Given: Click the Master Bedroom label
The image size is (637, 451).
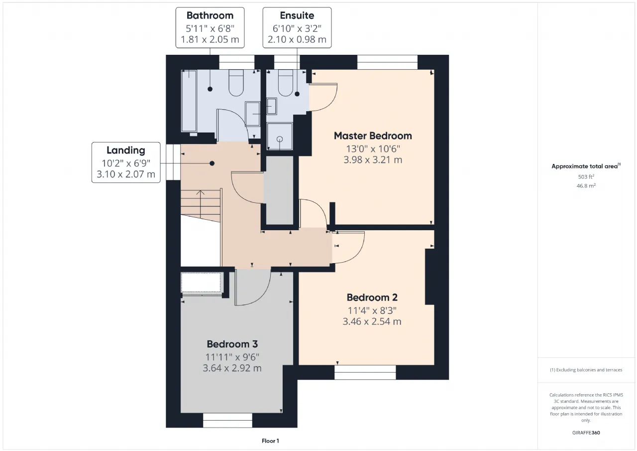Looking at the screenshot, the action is pyautogui.click(x=373, y=136).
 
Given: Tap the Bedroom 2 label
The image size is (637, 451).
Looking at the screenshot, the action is pyautogui.click(x=372, y=298).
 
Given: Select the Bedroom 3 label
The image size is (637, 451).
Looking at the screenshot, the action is pyautogui.click(x=232, y=344).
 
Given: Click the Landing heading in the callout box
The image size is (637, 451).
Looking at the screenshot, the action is pyautogui.click(x=126, y=150).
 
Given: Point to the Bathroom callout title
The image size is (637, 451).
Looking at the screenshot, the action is pyautogui.click(x=210, y=15).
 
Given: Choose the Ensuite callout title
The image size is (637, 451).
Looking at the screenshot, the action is pyautogui.click(x=297, y=15).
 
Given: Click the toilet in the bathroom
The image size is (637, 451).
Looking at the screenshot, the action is pyautogui.click(x=236, y=83).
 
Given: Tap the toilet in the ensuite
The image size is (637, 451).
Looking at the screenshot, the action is pyautogui.click(x=285, y=83).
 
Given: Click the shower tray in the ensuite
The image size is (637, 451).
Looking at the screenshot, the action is pyautogui.click(x=280, y=136).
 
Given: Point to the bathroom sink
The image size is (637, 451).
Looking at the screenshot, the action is pyautogui.click(x=252, y=114).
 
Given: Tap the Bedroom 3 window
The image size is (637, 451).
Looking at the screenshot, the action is pyautogui.click(x=227, y=420).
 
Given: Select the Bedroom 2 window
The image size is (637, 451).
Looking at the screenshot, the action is pyautogui.click(x=365, y=372).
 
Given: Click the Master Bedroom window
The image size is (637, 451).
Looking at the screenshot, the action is pyautogui.click(x=387, y=62).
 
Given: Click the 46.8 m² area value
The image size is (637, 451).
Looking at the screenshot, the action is pyautogui.click(x=586, y=186).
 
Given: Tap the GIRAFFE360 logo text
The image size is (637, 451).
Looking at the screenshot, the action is pyautogui.click(x=586, y=433).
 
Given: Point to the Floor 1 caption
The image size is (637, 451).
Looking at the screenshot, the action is pyautogui.click(x=270, y=441).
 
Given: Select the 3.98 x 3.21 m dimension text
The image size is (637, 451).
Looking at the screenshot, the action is pyautogui.click(x=373, y=160).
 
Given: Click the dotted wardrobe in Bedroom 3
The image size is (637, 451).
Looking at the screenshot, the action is pyautogui.click(x=202, y=282).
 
